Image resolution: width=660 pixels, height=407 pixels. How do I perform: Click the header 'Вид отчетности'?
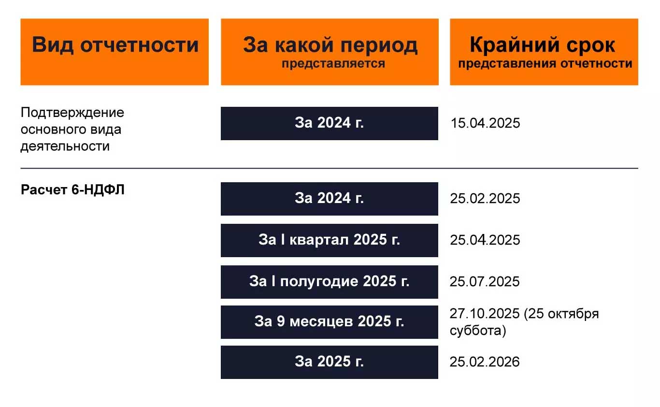point(115,45)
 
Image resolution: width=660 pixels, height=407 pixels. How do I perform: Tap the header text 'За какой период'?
point(330,45)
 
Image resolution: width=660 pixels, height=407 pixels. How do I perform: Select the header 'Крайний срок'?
point(543,45)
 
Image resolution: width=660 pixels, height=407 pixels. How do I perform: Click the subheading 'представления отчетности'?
point(545,63)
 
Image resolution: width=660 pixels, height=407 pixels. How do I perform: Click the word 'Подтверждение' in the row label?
point(72,113)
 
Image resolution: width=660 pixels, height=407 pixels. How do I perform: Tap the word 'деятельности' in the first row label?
point(65,146)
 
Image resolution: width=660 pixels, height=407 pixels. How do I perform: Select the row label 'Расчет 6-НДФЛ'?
point(72,190)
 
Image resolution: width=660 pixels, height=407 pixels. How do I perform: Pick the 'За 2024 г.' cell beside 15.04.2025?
point(329,123)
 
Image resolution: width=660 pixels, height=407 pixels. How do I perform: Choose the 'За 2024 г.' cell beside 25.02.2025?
point(329,199)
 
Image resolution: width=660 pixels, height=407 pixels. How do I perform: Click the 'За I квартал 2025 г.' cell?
point(329,240)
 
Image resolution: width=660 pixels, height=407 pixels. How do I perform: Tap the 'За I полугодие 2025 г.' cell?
point(329,281)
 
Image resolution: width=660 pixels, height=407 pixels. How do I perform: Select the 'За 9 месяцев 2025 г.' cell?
point(329,321)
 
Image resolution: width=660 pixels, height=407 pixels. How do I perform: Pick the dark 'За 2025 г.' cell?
point(329,362)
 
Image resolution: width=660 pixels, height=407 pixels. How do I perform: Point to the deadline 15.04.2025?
point(485,123)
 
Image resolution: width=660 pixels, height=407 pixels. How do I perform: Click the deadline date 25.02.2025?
point(485,199)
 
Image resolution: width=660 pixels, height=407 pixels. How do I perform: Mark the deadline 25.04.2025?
point(485,240)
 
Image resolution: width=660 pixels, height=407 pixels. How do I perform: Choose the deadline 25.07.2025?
point(485,281)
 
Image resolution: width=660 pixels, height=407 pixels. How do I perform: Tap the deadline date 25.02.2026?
point(485,362)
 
